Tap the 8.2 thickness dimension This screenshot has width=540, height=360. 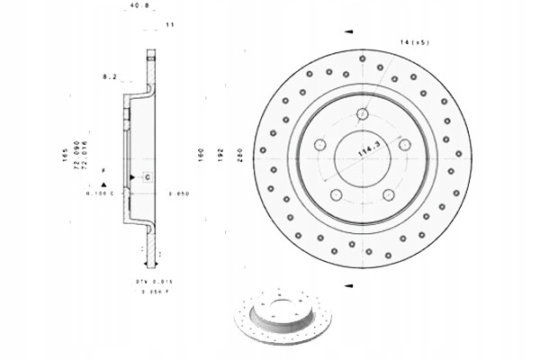click(110, 78)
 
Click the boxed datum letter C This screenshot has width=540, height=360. click(147, 176)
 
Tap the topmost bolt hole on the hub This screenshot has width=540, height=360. click(363, 114)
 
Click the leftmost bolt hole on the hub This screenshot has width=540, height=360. click(319, 145)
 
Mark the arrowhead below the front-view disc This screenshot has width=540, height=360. click(346, 285)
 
